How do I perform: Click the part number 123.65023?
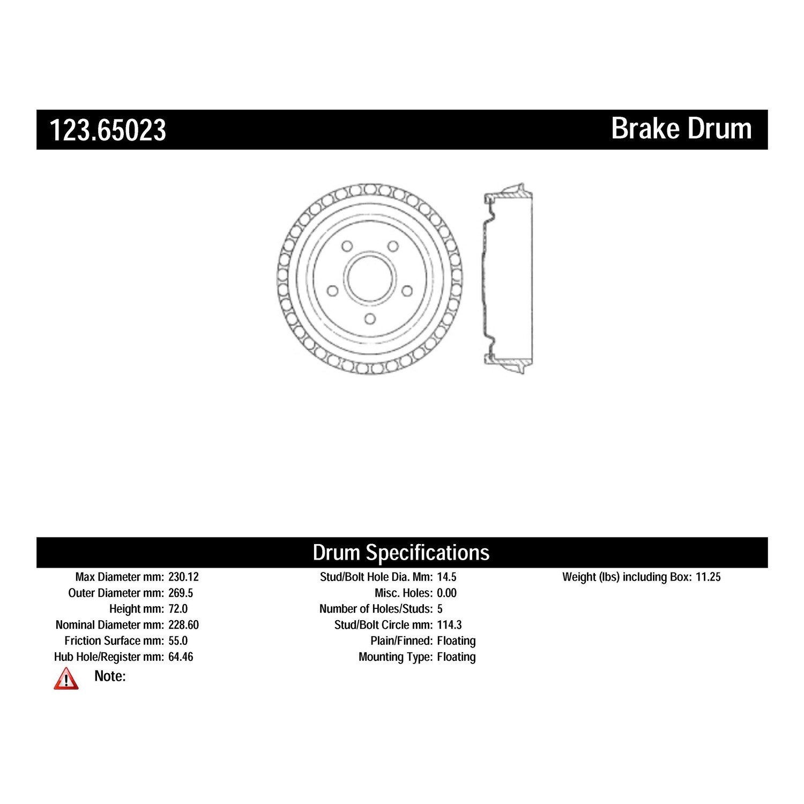pos(108,130)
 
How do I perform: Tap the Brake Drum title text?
pos(681,129)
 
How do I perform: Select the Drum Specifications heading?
pos(401,553)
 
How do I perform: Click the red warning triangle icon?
pos(66,679)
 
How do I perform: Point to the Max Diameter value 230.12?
pos(183,577)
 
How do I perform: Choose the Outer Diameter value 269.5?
pos(181,593)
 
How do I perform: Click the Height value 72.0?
pos(178,609)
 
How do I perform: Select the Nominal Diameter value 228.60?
pos(183,625)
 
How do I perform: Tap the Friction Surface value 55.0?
pos(178,641)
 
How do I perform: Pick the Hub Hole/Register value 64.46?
pos(181,657)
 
